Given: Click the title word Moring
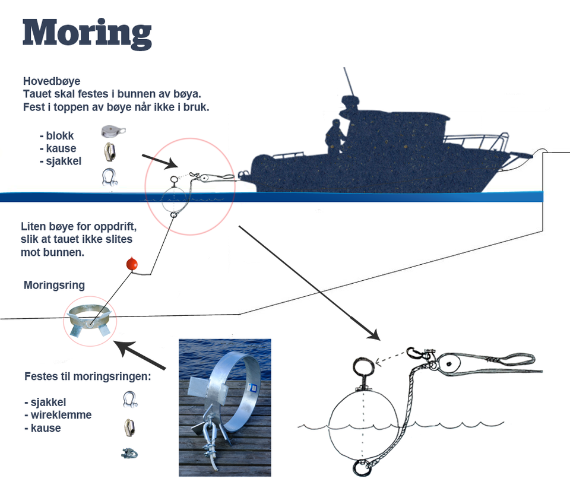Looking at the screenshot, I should click(87, 34).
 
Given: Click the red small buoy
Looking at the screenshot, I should click(132, 264).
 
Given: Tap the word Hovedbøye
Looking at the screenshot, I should click(52, 81).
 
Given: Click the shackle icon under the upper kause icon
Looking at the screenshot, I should click(109, 177).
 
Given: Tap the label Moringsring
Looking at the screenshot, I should click(54, 286).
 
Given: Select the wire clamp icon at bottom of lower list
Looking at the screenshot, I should click(130, 454).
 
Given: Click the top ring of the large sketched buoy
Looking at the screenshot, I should click(361, 366).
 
